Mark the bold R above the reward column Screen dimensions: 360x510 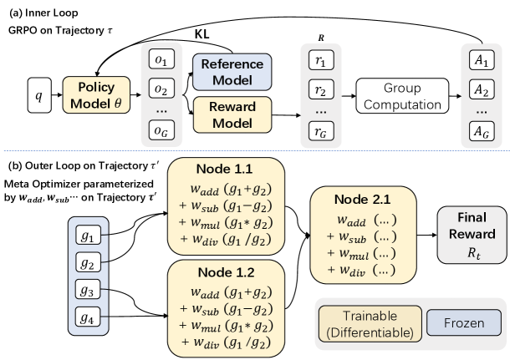321,37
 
